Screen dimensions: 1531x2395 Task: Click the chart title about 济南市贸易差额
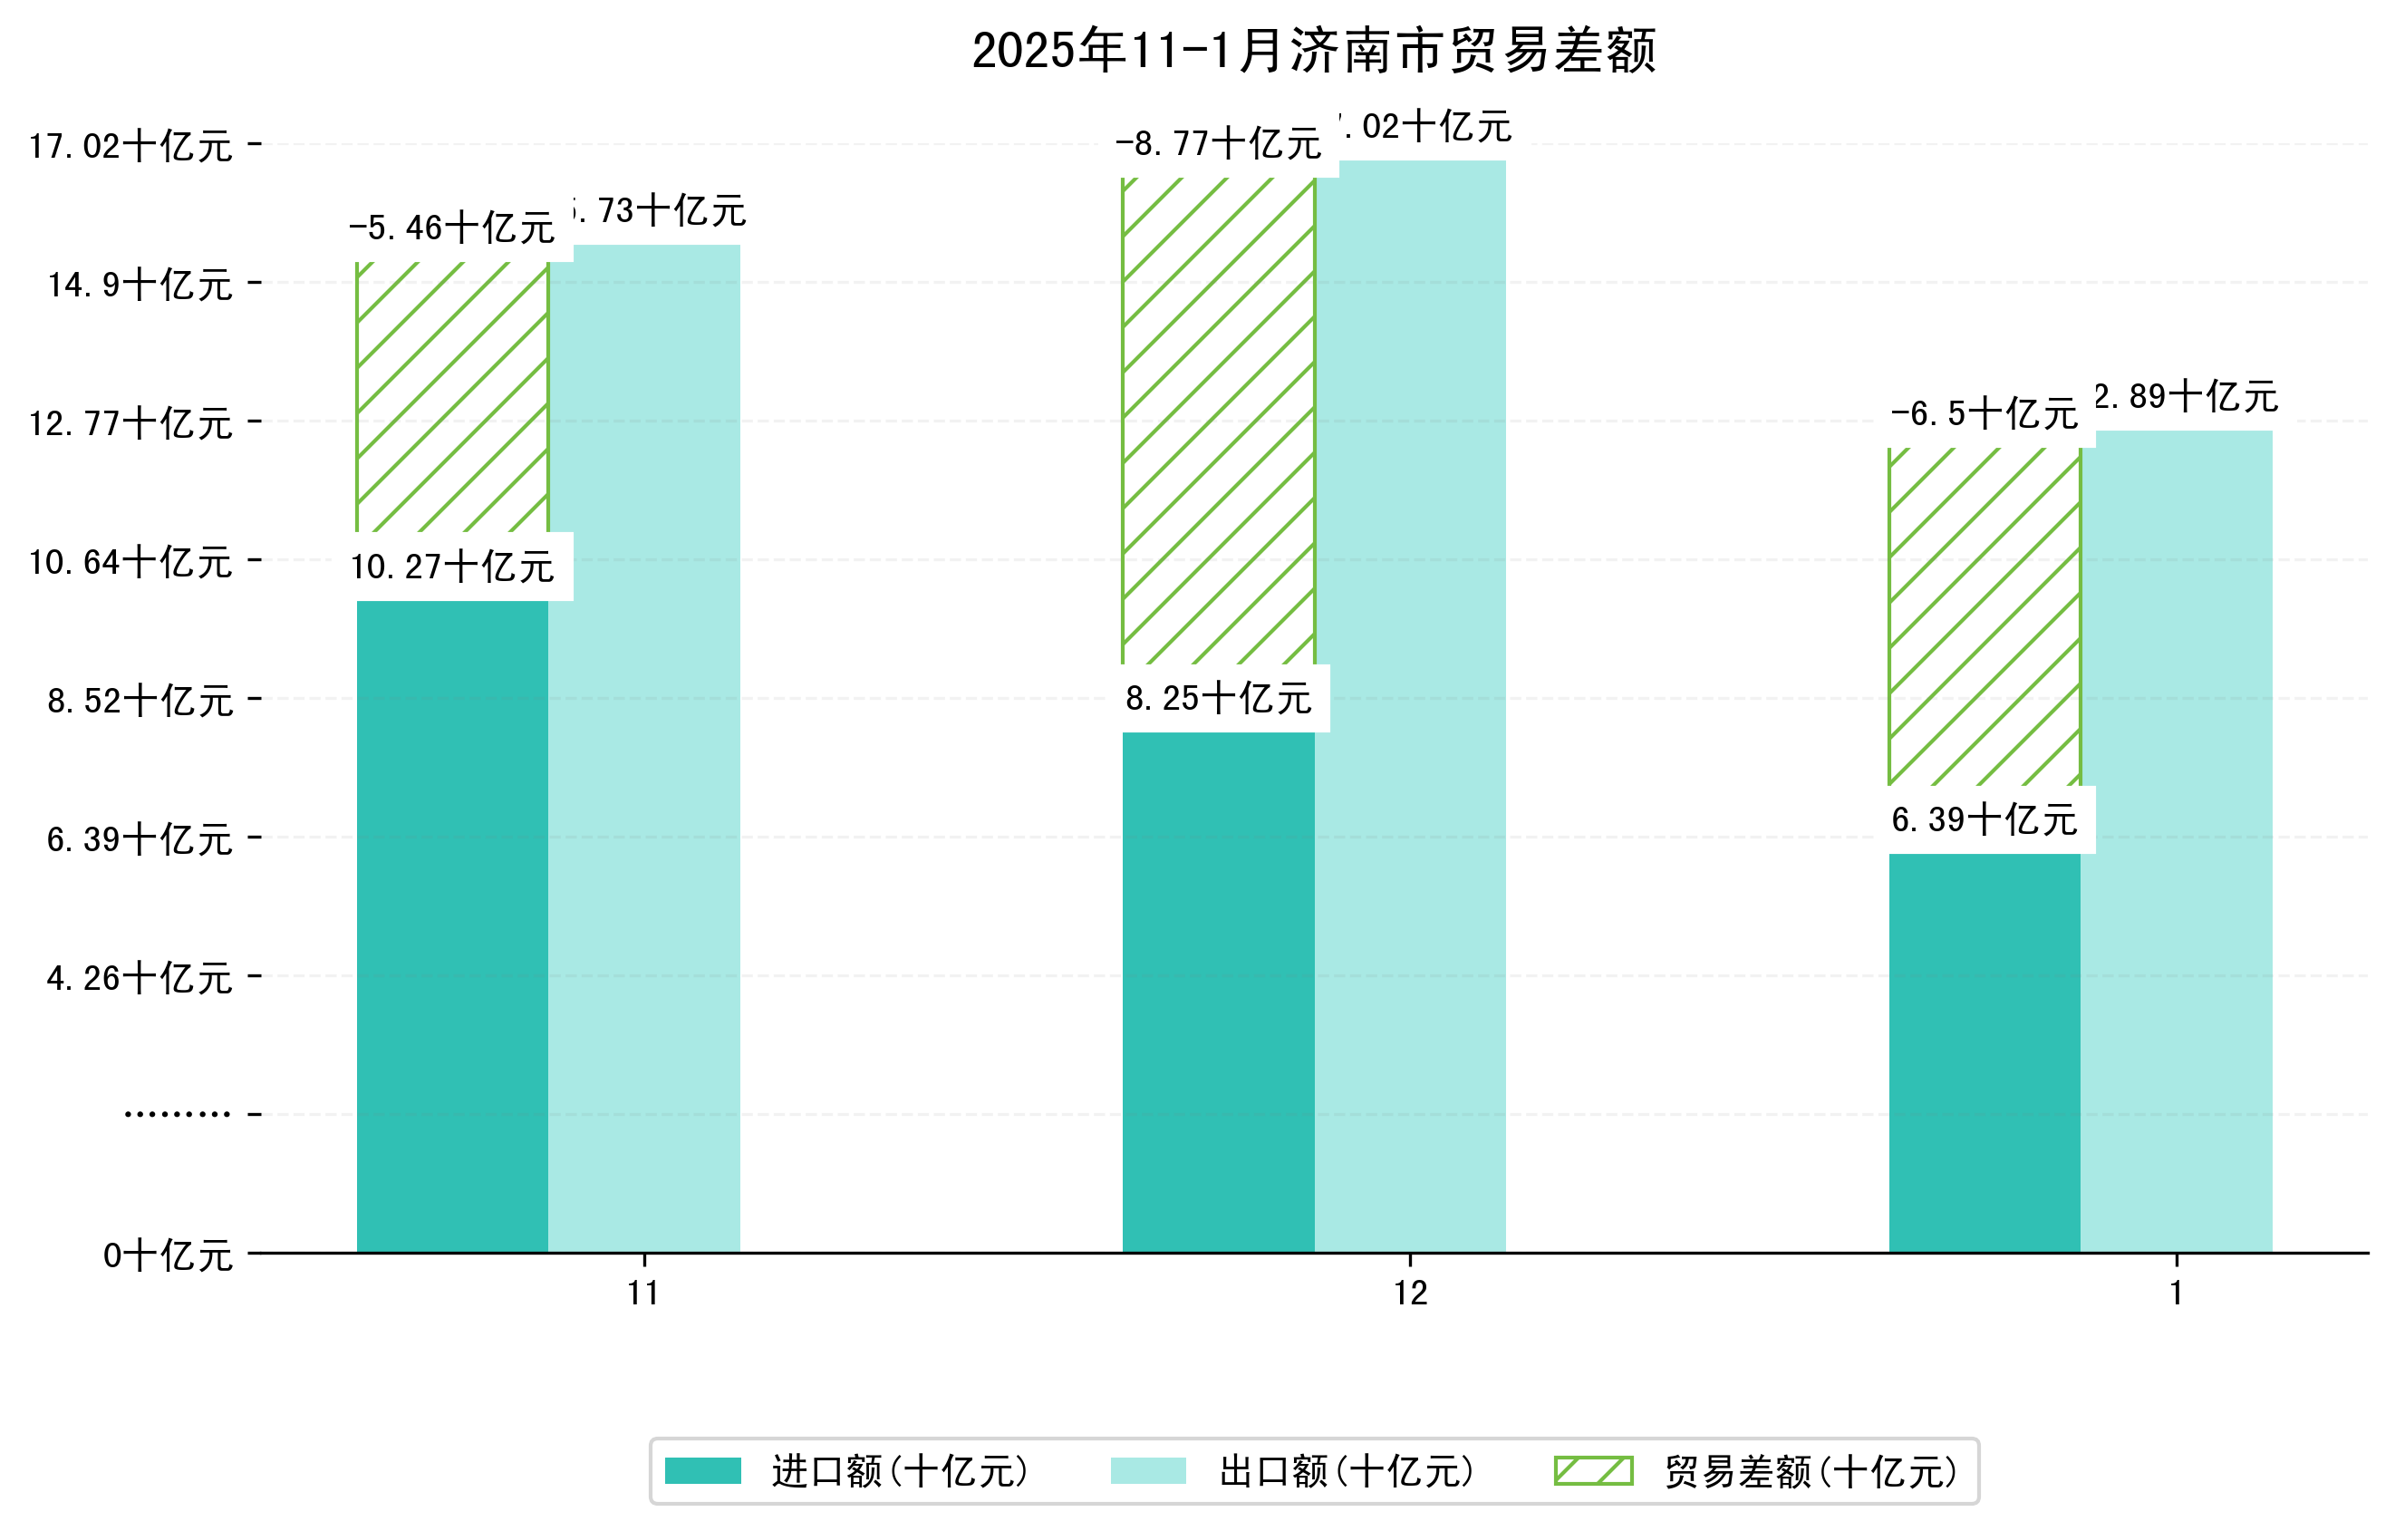tap(1313, 51)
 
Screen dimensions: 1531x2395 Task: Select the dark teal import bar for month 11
tap(452, 925)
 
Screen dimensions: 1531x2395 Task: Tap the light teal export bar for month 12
tap(1409, 706)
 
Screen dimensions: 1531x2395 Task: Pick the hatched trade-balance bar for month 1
tap(1985, 616)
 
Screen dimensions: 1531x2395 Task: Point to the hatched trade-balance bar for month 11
tap(452, 397)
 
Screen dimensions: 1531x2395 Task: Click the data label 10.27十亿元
tap(452, 567)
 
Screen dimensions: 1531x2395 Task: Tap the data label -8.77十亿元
tap(1219, 144)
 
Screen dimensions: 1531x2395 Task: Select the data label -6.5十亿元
tap(1985, 414)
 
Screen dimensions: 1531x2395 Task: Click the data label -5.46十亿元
tap(452, 228)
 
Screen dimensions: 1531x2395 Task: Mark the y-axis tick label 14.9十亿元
tap(140, 286)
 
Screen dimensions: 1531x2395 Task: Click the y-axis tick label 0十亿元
tap(168, 1255)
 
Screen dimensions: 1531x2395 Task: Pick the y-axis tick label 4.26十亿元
tap(140, 979)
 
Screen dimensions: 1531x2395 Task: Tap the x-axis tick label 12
tap(1410, 1294)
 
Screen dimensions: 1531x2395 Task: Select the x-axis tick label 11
tap(644, 1294)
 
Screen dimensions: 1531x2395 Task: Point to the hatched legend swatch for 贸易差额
tap(1593, 1470)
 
